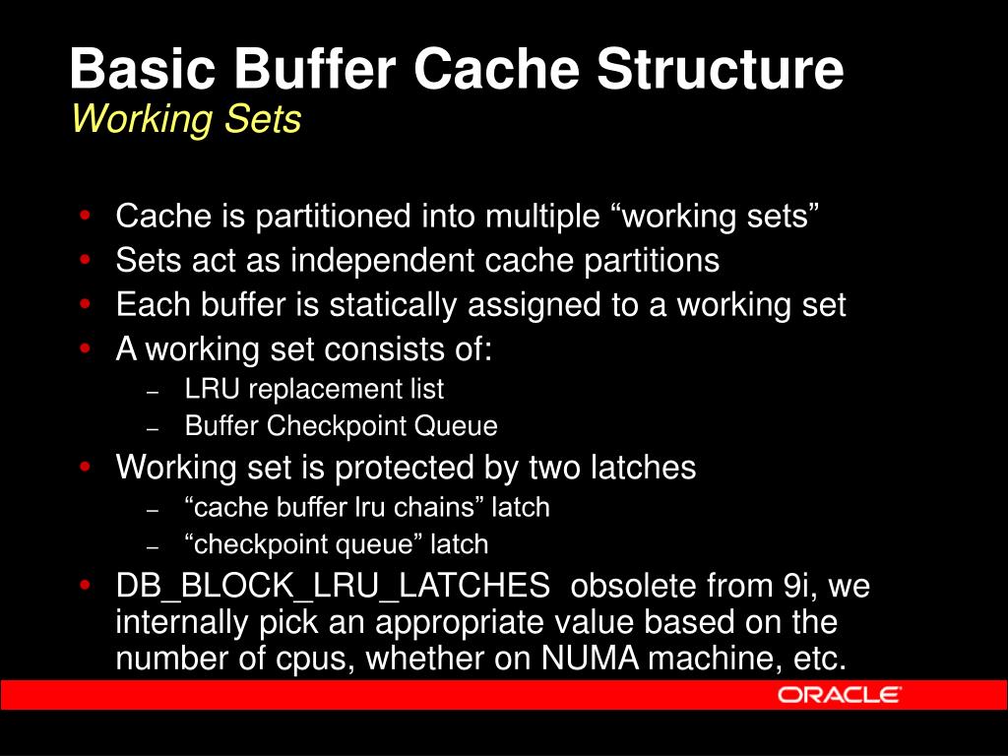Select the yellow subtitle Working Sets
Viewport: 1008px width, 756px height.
[186, 120]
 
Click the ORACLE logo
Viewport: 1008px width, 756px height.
[839, 695]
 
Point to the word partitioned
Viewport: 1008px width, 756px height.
[335, 216]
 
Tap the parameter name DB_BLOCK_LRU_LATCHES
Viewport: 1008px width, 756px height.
[333, 587]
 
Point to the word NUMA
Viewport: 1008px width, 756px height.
[588, 659]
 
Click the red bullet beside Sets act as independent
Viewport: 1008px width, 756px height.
[88, 261]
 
